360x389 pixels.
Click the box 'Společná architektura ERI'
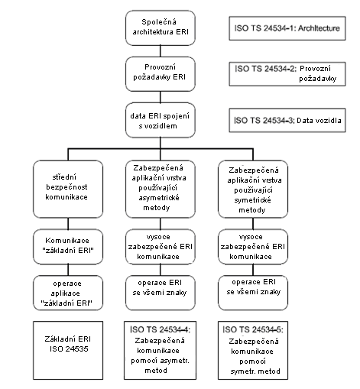pyautogui.click(x=161, y=28)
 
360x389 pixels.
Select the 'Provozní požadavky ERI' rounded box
pyautogui.click(x=161, y=74)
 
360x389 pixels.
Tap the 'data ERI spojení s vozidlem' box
pyautogui.click(x=161, y=120)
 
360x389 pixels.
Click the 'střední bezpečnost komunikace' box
pyautogui.click(x=68, y=189)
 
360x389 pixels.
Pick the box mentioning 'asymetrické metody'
pyautogui.click(x=161, y=189)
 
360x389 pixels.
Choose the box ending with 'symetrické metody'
pyautogui.click(x=253, y=189)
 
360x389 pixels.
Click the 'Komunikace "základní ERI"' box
pyautogui.click(x=68, y=246)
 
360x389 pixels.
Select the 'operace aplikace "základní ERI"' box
pyautogui.click(x=68, y=293)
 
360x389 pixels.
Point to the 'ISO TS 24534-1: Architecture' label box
pyautogui.click(x=287, y=28)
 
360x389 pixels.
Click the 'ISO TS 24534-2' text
pyautogui.click(x=265, y=69)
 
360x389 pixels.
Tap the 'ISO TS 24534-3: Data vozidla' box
pyautogui.click(x=287, y=120)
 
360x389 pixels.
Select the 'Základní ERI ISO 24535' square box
pyautogui.click(x=68, y=350)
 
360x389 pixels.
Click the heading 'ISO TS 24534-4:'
pyautogui.click(x=160, y=329)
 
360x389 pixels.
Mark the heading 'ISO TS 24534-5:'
pyautogui.click(x=253, y=329)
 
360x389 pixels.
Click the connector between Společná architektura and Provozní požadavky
pyautogui.click(x=161, y=51)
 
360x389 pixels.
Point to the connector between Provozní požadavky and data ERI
pyautogui.click(x=161, y=97)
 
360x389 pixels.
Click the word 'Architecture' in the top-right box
pyautogui.click(x=319, y=28)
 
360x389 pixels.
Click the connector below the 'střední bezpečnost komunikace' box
pyautogui.click(x=68, y=223)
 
